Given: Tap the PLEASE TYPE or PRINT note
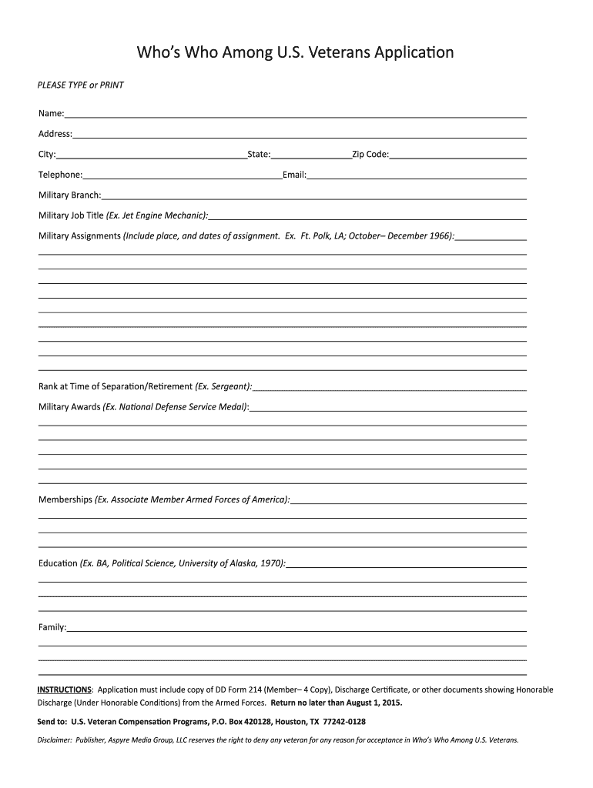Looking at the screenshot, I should (81, 85).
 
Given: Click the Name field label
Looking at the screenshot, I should (51, 114).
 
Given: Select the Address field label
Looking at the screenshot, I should (55, 134).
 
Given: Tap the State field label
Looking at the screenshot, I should (259, 155).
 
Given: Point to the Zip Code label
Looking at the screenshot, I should (370, 155).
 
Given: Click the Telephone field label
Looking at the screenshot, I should (60, 175).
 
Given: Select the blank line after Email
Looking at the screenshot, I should (417, 175).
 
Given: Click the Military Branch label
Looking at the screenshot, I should (69, 195).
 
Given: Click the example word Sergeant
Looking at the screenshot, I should (230, 386).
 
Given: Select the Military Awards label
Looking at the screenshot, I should (69, 406).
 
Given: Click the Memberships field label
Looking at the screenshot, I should (65, 499).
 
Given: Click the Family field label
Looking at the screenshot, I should (52, 627).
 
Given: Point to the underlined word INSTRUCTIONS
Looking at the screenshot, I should (65, 689).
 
